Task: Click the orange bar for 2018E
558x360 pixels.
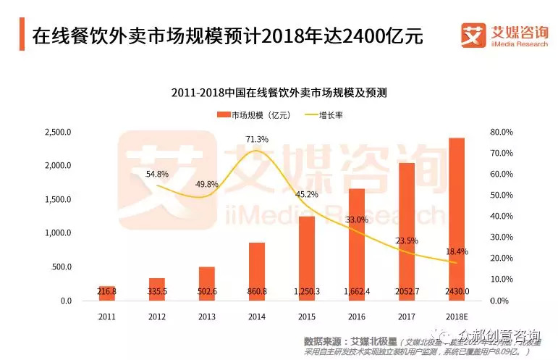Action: tap(456, 217)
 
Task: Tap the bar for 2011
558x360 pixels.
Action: tap(108, 293)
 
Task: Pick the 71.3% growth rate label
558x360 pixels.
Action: tap(257, 139)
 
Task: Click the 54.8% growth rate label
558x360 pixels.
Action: tap(157, 175)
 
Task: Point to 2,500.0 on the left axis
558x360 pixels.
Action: tap(57, 133)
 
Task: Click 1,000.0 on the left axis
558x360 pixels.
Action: tap(57, 233)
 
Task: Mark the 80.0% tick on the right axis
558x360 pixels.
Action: tap(501, 133)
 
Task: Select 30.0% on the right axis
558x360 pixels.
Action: tap(501, 238)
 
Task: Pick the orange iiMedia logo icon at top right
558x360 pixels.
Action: tap(473, 34)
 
